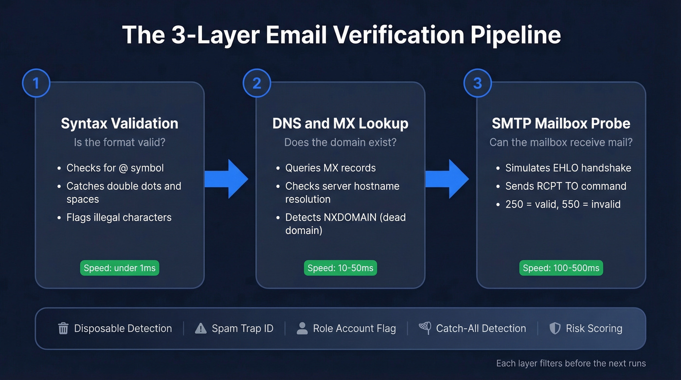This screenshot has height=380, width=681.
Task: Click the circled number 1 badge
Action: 36,83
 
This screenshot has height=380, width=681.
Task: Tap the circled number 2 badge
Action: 257,83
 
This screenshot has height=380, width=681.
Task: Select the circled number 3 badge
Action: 477,83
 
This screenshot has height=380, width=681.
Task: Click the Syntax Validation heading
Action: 120,124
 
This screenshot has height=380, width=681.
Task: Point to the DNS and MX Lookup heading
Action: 340,124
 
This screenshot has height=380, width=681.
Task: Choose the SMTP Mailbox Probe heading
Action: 561,124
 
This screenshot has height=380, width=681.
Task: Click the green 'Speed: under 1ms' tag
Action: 120,268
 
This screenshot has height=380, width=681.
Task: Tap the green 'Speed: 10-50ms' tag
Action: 340,268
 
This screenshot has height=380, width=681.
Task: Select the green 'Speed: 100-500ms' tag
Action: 561,268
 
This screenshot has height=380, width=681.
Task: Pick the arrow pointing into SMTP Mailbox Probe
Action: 448,179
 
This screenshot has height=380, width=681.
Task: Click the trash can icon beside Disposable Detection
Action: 63,328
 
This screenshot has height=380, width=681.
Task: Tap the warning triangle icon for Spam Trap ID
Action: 200,328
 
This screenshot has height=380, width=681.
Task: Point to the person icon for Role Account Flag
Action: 302,328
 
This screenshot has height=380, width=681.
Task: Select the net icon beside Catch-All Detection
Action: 425,328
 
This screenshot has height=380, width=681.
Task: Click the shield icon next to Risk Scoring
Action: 555,328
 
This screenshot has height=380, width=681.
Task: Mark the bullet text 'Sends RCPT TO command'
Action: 566,186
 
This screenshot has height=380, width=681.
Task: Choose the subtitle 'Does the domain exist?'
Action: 340,143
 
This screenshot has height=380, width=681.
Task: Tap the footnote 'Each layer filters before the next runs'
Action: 571,363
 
